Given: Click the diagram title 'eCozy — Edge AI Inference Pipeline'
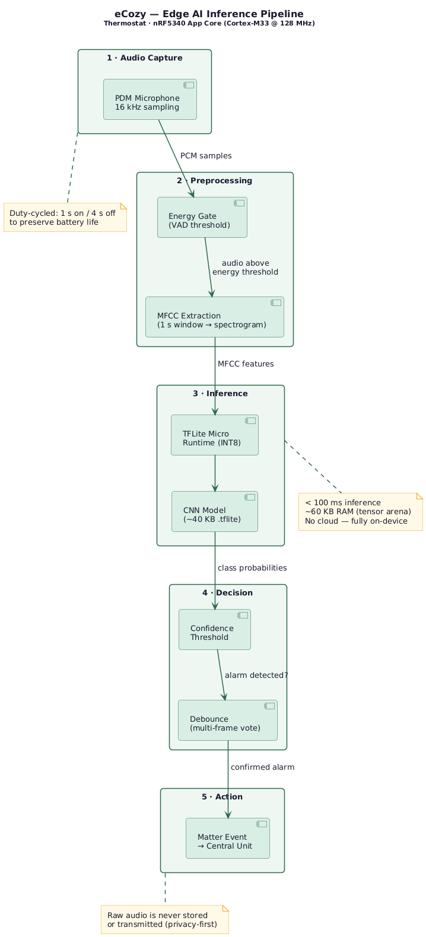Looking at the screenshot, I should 209,14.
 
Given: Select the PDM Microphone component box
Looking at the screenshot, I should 150,99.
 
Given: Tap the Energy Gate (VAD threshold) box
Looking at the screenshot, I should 202,217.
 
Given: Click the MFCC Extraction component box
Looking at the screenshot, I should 214,317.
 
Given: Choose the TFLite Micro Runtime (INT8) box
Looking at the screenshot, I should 214,435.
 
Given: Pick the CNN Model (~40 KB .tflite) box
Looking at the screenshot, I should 214,511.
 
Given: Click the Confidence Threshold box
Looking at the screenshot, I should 214,629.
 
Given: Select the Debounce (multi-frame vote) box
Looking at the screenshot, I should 227,720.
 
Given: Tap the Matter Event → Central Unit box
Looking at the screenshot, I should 227,838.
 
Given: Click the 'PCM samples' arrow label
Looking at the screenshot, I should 206,155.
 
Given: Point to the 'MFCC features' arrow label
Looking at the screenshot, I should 246,364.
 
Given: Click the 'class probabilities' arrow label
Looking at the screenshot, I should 252,568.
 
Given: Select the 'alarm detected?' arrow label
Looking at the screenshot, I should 256,675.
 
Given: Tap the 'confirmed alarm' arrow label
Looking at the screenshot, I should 262,767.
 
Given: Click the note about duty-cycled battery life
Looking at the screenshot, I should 65,217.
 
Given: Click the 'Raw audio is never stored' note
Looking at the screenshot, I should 164,919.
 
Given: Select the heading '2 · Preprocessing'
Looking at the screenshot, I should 214,180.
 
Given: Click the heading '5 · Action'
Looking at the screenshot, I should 222,796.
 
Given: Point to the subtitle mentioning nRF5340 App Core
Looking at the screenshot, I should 209,23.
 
